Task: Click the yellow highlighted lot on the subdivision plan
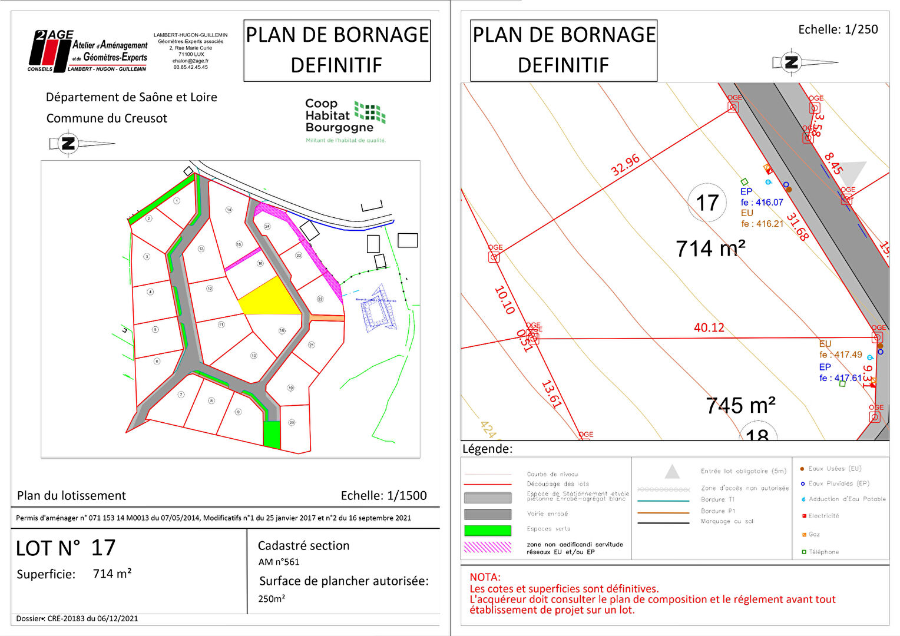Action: (271, 298)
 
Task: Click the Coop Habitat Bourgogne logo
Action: (345, 120)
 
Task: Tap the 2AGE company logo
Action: (88, 51)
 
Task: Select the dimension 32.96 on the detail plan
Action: (625, 165)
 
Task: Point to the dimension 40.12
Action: (709, 327)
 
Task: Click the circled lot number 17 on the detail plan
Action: (707, 203)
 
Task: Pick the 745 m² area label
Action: (740, 406)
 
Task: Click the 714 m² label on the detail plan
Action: (710, 249)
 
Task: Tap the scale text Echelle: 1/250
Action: (838, 29)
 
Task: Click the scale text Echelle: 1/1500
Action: (383, 496)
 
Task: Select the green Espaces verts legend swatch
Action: (487, 530)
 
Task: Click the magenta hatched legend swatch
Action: (487, 547)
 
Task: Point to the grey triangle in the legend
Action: (672, 472)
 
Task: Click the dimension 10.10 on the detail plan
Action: (504, 300)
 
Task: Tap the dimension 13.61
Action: (551, 395)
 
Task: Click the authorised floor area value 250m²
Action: (272, 599)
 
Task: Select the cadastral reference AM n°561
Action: (279, 562)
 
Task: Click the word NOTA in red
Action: (485, 577)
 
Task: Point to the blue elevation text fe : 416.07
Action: (762, 203)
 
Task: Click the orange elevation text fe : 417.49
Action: (841, 355)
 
